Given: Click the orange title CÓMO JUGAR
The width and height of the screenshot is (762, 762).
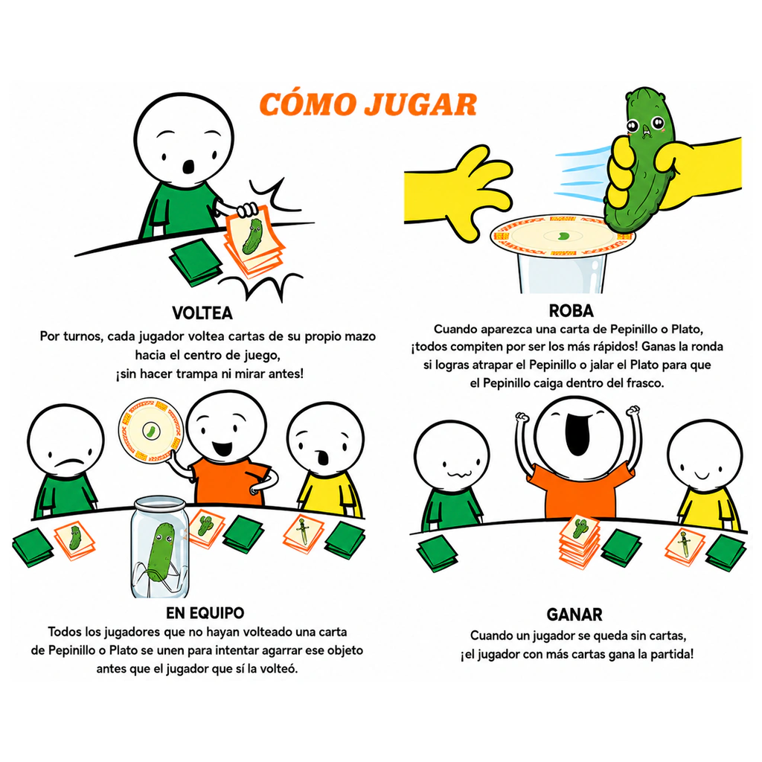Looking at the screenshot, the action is [368, 103].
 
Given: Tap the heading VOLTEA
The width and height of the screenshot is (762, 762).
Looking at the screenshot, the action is [202, 313].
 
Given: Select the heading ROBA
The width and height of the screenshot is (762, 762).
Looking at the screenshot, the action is [571, 310].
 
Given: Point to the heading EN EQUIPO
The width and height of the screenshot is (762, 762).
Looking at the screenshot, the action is [205, 613].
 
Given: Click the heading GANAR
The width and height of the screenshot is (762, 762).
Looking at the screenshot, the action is [574, 614].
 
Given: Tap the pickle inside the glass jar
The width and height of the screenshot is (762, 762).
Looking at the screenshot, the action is [160, 552].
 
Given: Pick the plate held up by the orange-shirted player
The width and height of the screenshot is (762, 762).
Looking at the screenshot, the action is [150, 431].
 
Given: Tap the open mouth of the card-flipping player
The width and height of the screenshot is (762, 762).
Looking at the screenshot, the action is [188, 167].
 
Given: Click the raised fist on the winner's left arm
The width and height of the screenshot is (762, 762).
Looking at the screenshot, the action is [522, 417].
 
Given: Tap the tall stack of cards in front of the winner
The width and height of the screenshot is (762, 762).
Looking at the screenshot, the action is [579, 542].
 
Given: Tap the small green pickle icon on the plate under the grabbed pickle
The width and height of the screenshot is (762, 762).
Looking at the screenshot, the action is [564, 236].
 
